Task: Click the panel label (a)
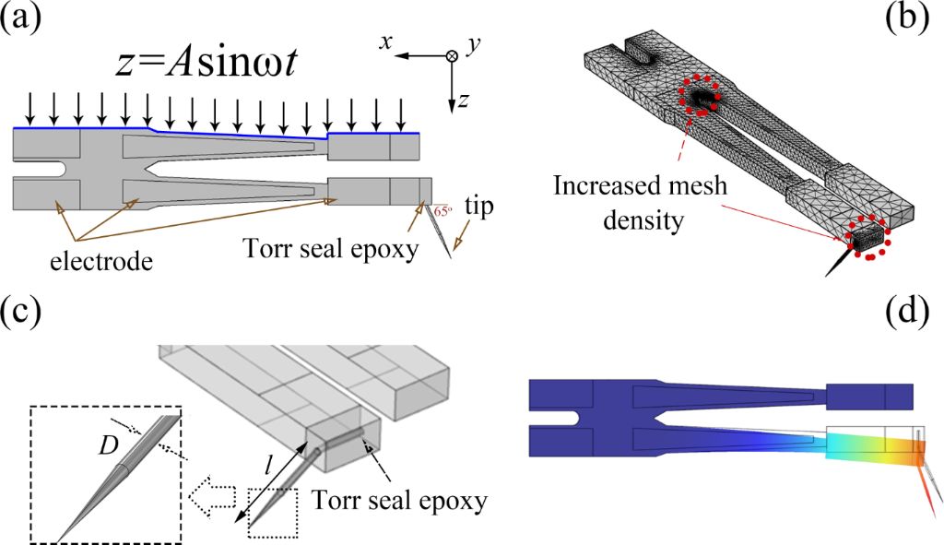click(21, 18)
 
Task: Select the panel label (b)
click(908, 18)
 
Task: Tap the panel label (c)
click(20, 313)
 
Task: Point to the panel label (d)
click(908, 313)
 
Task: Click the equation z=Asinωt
click(206, 62)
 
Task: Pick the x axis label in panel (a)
click(385, 41)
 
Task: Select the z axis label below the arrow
click(463, 100)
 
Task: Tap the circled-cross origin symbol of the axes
click(452, 55)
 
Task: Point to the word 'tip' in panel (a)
click(478, 207)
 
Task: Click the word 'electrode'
click(101, 261)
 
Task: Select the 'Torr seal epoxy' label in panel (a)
click(331, 248)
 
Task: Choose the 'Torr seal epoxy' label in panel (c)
click(399, 500)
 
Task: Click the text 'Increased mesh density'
click(641, 203)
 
